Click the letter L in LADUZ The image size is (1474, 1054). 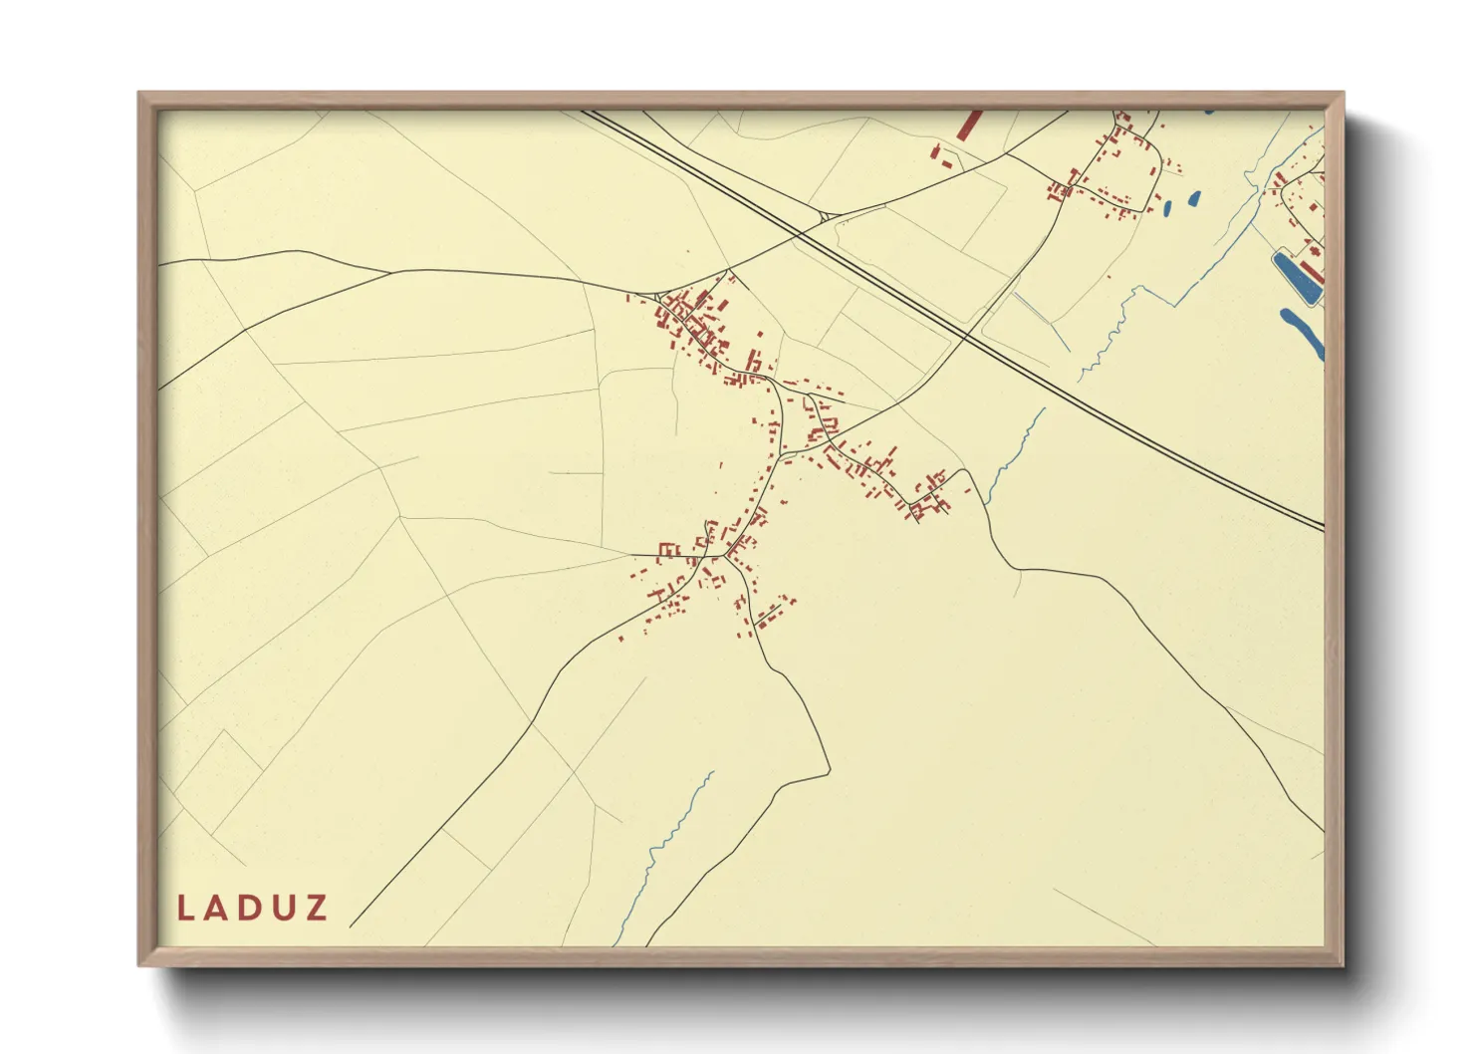(185, 908)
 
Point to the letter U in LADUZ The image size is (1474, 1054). (285, 908)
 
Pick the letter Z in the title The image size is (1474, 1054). (318, 908)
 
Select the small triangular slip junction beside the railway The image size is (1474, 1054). (824, 214)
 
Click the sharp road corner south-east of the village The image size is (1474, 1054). (828, 770)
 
